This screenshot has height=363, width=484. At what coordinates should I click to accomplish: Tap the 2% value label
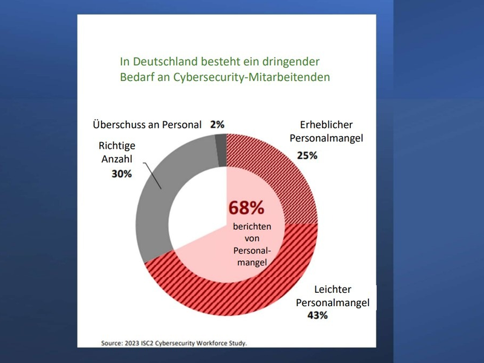click(217, 125)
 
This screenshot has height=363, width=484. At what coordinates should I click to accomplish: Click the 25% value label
click(307, 155)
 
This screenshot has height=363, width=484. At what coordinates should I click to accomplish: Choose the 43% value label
click(318, 315)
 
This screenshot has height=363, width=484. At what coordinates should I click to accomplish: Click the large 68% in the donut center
click(246, 208)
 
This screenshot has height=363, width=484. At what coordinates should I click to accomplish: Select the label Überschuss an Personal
click(147, 125)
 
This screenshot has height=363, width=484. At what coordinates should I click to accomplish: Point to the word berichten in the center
click(252, 227)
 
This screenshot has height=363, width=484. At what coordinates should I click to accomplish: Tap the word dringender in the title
click(294, 62)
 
